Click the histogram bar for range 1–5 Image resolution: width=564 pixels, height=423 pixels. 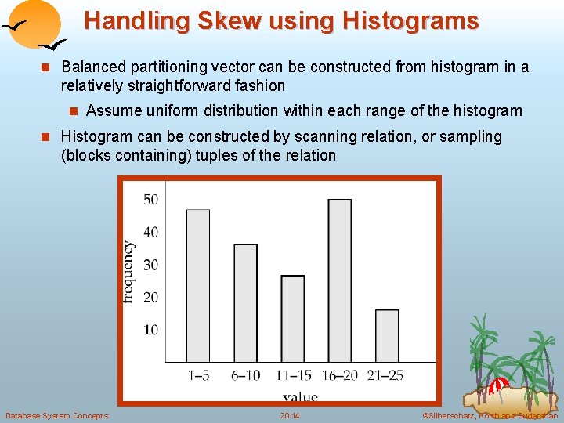tap(198, 286)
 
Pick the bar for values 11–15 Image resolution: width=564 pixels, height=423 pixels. tap(292, 319)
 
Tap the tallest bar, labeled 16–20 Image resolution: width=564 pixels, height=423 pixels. tap(339, 280)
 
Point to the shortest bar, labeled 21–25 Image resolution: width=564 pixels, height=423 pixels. tap(386, 336)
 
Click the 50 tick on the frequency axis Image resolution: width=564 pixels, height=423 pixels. tap(150, 200)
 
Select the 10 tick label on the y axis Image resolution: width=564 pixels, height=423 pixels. tap(150, 330)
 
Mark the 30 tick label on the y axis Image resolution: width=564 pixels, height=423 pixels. tap(150, 265)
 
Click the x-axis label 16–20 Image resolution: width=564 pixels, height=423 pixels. tap(339, 375)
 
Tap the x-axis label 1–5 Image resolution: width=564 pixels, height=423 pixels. tap(198, 375)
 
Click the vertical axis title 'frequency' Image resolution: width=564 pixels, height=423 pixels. tap(129, 271)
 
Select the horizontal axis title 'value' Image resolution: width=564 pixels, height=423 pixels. tap(300, 396)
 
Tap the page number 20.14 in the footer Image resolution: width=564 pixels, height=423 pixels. tap(290, 415)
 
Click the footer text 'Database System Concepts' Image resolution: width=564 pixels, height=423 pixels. tap(56, 415)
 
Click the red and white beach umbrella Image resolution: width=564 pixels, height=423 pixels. tap(499, 385)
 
